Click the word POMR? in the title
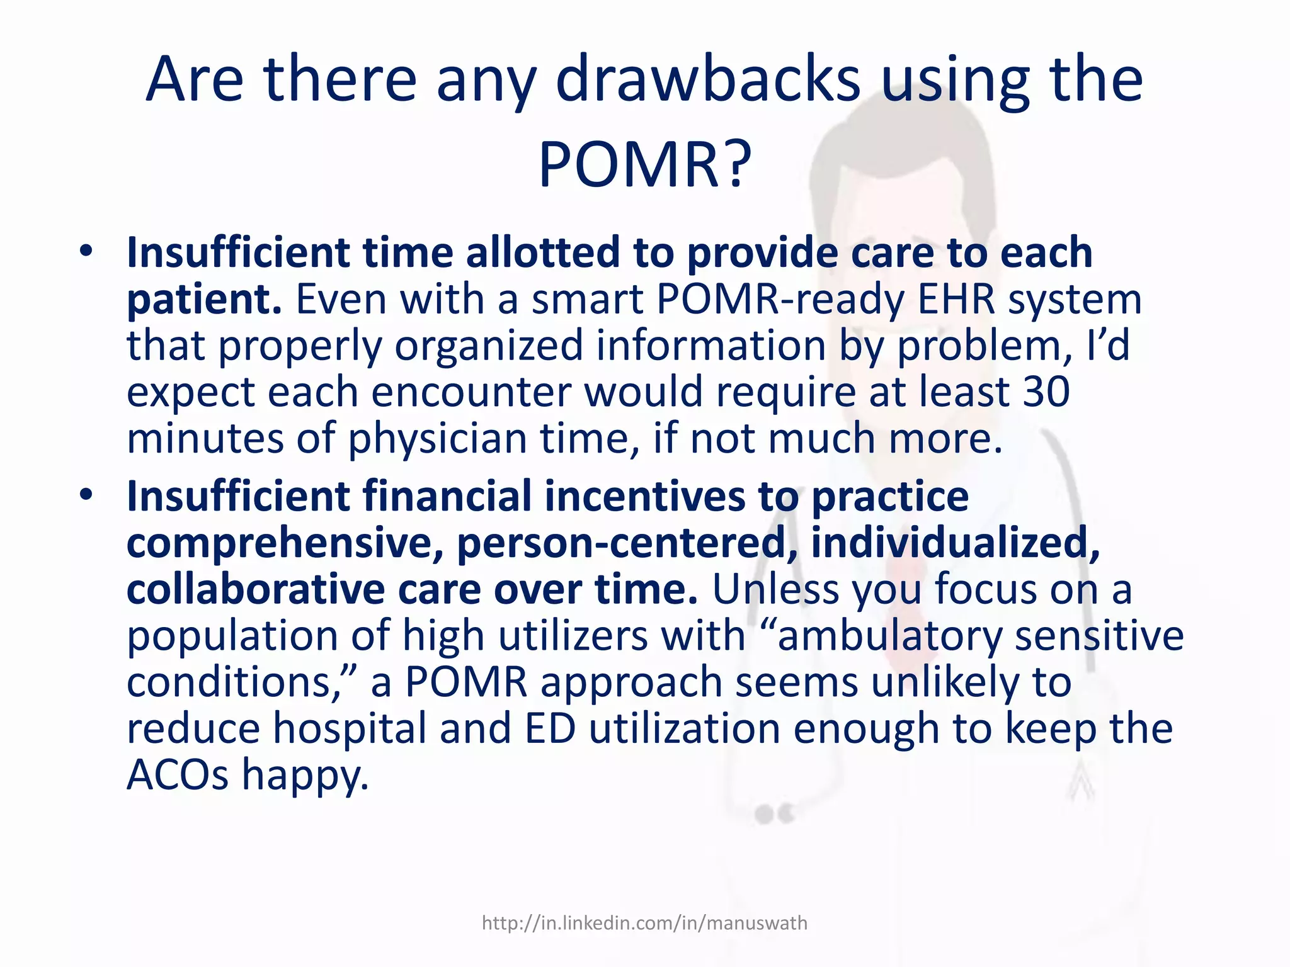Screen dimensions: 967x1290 pos(644,165)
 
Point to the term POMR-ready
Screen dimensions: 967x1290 pos(780,300)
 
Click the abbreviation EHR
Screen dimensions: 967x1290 pos(956,300)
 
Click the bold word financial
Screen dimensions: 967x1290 pos(447,495)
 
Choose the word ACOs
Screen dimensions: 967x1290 pos(178,775)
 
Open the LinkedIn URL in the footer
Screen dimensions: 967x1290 pos(644,923)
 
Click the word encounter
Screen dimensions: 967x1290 pos(471,392)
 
